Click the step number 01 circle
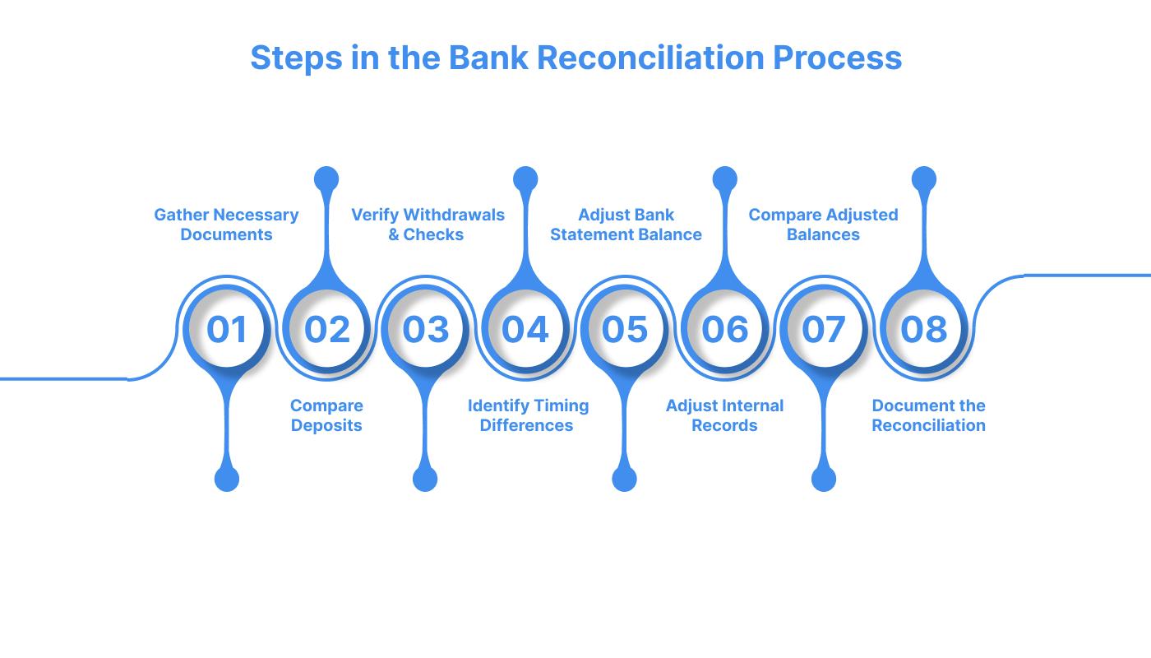(226, 329)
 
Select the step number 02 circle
(326, 329)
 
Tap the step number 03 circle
(425, 329)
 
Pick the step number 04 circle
(525, 329)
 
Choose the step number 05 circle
(625, 329)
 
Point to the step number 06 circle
(724, 329)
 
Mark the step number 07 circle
(824, 329)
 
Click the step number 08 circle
(924, 329)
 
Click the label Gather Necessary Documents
(226, 225)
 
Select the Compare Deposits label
(326, 415)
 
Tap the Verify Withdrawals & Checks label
(428, 225)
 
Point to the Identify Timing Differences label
(528, 415)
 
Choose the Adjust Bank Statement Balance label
(626, 225)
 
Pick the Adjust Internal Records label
(724, 415)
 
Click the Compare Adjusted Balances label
(823, 225)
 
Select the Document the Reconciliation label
(928, 415)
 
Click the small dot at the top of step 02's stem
(326, 179)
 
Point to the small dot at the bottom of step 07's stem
(824, 479)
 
